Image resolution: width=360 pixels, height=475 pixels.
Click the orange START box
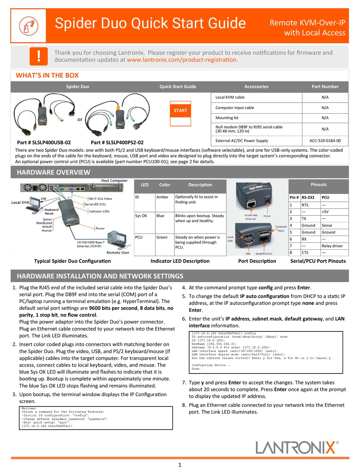(180, 111)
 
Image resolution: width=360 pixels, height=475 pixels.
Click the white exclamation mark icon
(39, 56)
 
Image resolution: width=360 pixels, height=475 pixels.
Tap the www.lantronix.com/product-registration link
(182, 60)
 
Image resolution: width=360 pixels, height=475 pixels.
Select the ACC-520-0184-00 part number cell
(325, 141)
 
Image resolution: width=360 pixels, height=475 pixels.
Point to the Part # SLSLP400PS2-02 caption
(117, 143)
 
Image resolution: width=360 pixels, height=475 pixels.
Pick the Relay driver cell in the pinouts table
(332, 246)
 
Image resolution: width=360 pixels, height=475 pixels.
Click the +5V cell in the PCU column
(325, 212)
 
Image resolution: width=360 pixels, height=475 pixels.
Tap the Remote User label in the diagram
(117, 253)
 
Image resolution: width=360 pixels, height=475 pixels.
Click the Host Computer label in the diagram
(114, 181)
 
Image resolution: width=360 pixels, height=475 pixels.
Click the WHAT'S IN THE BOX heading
(47, 75)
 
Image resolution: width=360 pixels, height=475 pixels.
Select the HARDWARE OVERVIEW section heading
(53, 172)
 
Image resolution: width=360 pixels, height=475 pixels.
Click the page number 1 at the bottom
(180, 465)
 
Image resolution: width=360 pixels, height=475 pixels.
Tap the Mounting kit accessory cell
(227, 118)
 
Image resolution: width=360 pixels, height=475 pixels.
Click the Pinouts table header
(318, 184)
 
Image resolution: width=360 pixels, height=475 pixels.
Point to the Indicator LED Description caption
(180, 261)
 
